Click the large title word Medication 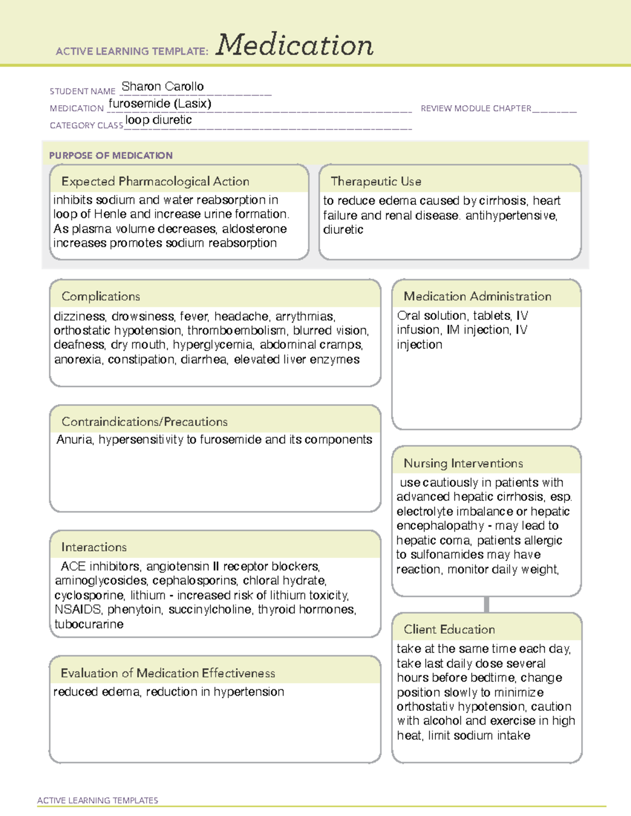pos(294,45)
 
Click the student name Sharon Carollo pos(162,87)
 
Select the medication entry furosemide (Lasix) pos(160,104)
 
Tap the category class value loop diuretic pos(158,120)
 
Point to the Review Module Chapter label pos(476,108)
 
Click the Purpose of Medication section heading pos(110,156)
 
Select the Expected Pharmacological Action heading pos(155,181)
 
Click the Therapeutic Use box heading pos(376,181)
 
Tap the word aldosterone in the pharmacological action pos(255,229)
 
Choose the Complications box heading pos(101,296)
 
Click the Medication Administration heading pos(477,296)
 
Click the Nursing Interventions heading pos(463,463)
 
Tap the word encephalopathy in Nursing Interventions pos(440,526)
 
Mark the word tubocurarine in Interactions pos(89,624)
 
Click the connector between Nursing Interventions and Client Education pos(486,604)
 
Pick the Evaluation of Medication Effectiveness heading pos(168,673)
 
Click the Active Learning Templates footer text pos(98,800)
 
